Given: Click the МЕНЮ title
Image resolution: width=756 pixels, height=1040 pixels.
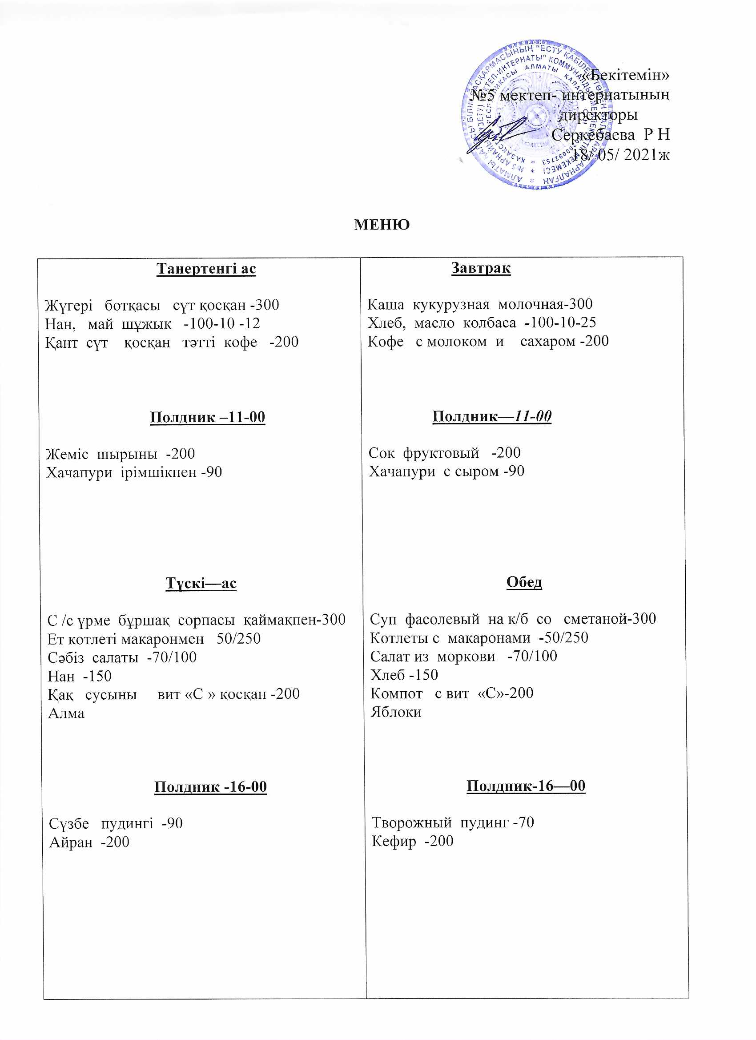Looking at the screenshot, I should click(x=382, y=225).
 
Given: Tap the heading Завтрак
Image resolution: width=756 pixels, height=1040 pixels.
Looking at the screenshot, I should click(x=480, y=268).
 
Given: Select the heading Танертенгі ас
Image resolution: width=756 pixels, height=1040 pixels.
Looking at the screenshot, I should click(x=206, y=269).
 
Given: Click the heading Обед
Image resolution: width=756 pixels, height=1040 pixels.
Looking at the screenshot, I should click(x=524, y=582).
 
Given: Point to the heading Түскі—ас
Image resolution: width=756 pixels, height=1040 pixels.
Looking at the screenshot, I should click(x=201, y=583).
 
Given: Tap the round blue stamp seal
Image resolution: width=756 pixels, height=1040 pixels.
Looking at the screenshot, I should click(x=532, y=115).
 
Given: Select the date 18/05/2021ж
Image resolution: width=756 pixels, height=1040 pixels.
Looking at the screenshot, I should click(x=621, y=155).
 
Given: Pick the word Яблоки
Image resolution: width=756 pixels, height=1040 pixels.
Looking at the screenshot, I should click(x=396, y=712).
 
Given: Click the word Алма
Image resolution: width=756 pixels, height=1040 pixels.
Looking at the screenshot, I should click(x=66, y=713).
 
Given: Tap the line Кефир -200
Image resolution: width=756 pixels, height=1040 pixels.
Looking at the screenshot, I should click(x=412, y=841).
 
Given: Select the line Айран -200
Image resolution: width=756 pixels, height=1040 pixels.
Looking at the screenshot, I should click(x=89, y=842).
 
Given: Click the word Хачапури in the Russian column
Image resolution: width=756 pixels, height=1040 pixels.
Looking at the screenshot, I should click(x=402, y=472).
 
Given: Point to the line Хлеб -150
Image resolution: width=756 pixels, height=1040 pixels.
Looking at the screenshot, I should click(x=404, y=675).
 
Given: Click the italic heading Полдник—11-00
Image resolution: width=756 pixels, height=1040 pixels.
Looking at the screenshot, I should click(x=491, y=416).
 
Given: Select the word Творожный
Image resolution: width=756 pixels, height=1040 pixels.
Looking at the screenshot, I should click(x=411, y=822).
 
